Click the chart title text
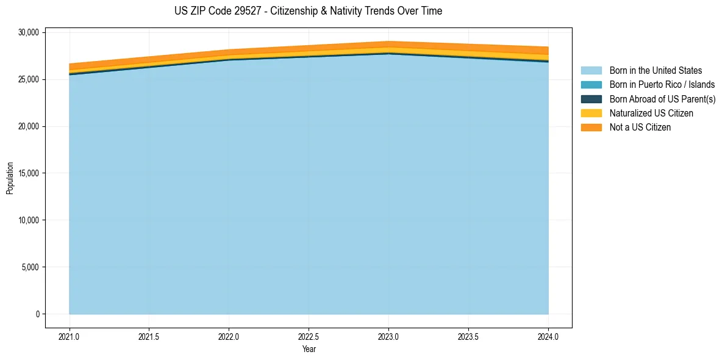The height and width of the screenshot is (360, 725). pos(308,11)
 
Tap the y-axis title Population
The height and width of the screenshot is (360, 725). pos(10,178)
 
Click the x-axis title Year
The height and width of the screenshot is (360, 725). pos(309,349)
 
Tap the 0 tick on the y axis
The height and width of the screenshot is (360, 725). pos(37,314)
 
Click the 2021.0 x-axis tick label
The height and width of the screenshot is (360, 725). pos(70,336)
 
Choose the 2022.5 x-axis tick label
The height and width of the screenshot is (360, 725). pos(309,336)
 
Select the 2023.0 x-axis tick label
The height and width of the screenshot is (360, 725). pos(388,336)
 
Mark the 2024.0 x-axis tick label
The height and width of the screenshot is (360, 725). pos(548,336)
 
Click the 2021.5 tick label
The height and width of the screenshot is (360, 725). pos(149,336)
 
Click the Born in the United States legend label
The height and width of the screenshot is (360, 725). pos(655,71)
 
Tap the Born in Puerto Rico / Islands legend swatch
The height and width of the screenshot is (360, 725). pos(591,85)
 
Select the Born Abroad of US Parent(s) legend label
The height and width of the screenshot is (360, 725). pos(662,99)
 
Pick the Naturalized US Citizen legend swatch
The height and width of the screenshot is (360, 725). pos(591,113)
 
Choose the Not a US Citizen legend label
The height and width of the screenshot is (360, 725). pos(640,128)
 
